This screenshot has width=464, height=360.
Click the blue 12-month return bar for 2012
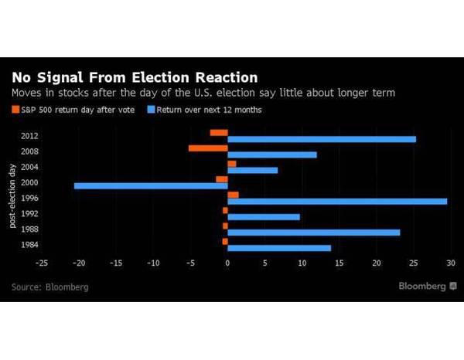point(321,139)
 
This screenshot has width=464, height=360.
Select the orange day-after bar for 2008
point(208,148)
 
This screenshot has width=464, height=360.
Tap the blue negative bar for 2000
point(151,185)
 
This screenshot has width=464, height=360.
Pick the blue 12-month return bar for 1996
point(337,201)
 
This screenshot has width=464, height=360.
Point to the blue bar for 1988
point(313,232)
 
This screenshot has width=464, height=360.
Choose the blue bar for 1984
point(279,248)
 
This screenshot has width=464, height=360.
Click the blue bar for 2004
point(252,170)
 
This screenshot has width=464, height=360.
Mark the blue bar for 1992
point(264,216)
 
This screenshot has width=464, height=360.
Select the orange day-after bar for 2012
point(219,132)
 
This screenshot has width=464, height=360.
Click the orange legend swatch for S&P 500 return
point(15,110)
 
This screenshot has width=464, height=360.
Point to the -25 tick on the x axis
point(41,263)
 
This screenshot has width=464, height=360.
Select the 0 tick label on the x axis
point(227,263)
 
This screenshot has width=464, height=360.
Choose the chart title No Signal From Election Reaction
point(134,77)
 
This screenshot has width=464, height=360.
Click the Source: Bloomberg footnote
point(50,287)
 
